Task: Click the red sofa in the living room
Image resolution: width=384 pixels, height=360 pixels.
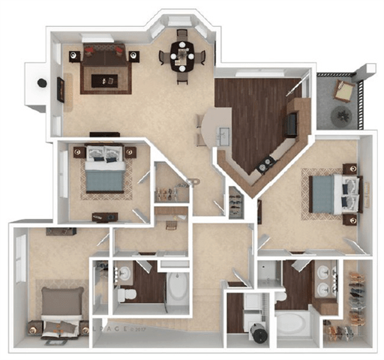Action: coord(103,54)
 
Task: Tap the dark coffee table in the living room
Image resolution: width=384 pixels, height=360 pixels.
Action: coord(103,78)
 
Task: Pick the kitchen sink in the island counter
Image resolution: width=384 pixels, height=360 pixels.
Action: coord(223,135)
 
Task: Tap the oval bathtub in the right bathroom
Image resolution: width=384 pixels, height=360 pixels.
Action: coord(290,325)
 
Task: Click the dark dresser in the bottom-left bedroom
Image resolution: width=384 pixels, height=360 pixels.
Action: coord(59,230)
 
